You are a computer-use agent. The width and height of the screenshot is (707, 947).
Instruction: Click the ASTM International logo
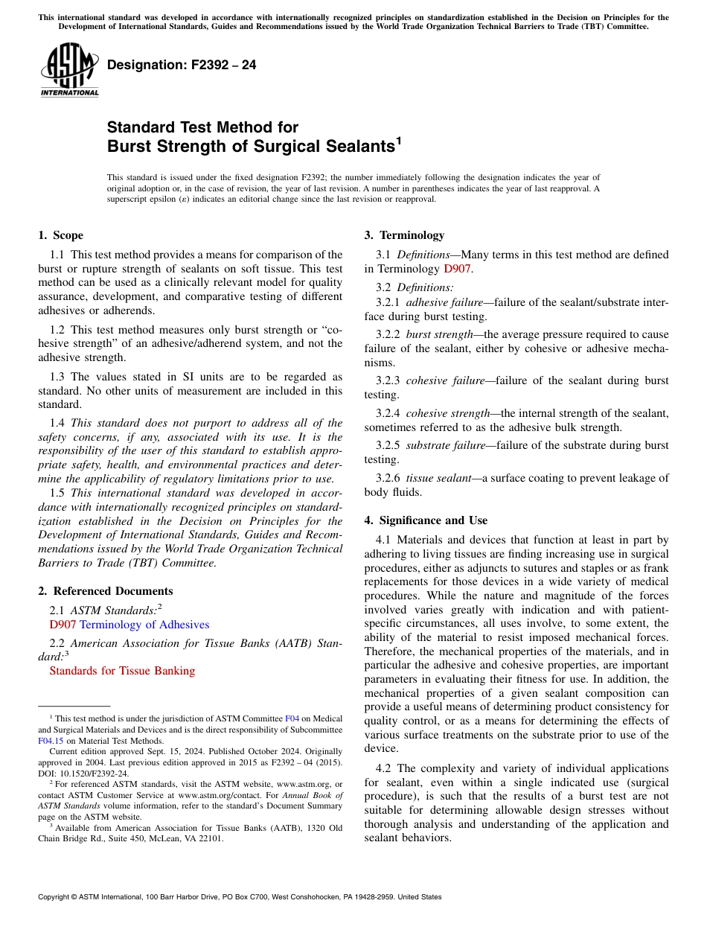(69, 70)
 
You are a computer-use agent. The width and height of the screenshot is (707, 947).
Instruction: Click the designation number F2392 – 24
(182, 66)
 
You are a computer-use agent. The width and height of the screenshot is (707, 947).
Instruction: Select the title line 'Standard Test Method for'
(202, 127)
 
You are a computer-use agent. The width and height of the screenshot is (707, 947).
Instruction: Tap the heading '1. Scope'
(60, 235)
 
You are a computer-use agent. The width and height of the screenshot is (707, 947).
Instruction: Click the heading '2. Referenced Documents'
(105, 591)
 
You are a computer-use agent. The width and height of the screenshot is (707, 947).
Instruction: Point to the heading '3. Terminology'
(404, 235)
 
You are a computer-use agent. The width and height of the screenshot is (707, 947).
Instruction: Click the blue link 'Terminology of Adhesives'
(144, 625)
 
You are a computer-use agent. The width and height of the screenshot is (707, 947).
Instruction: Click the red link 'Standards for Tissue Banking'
(122, 671)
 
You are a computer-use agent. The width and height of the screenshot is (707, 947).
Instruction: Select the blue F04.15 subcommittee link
(51, 741)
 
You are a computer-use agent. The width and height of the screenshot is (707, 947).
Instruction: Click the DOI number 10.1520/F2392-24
(94, 774)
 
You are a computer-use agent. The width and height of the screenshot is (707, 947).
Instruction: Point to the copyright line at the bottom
(240, 897)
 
